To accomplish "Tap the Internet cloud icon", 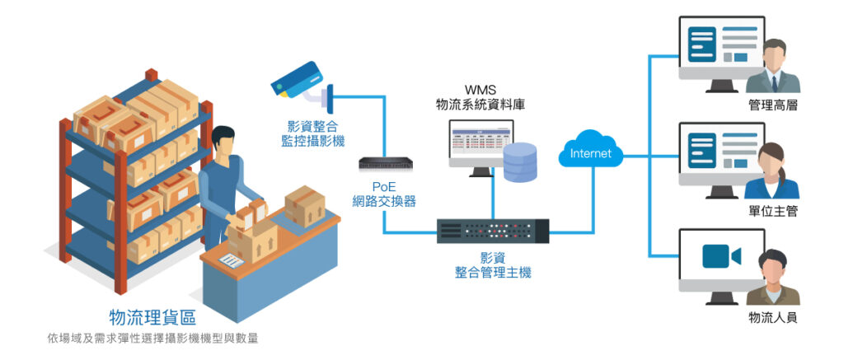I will pos(591,152).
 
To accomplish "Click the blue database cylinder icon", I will pos(519,162).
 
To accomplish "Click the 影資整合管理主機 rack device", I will pos(493,230).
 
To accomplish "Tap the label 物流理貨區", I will pos(152,317).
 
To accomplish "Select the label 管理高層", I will pos(772,105).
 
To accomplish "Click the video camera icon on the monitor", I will pos(721,257).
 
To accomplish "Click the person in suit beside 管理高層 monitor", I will pos(775,66).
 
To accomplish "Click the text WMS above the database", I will pos(481,89).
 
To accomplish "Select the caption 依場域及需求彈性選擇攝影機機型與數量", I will pos(152,338).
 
